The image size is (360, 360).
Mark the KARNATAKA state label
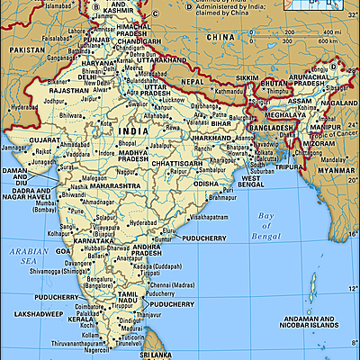click(x=92, y=241)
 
